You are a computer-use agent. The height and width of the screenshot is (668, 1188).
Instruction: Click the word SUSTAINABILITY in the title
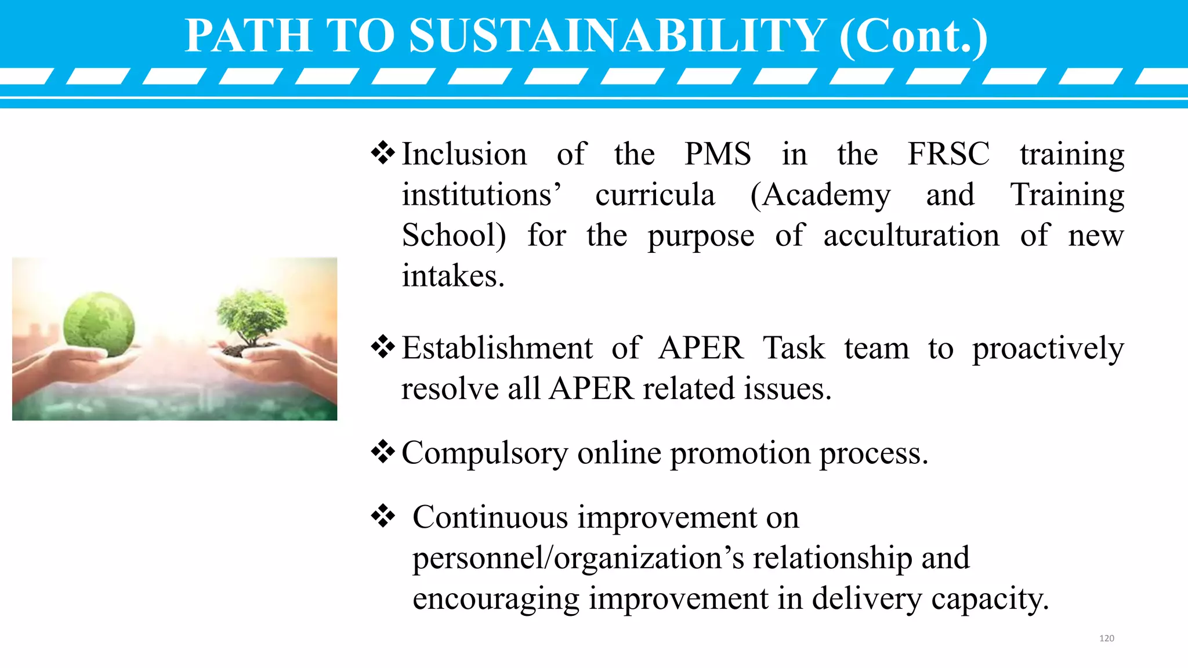(618, 36)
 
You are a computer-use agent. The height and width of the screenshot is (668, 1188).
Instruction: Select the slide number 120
(1106, 638)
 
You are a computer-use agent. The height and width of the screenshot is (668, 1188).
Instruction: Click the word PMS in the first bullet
(718, 154)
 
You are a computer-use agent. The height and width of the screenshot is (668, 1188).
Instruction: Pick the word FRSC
(948, 154)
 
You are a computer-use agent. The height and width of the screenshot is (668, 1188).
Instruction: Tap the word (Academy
(820, 195)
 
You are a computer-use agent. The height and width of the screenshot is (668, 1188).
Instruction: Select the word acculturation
(911, 235)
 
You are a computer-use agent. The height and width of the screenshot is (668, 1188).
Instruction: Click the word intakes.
(453, 276)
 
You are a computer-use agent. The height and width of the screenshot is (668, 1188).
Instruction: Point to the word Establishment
(497, 348)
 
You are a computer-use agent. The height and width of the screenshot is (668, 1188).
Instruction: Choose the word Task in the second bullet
(794, 348)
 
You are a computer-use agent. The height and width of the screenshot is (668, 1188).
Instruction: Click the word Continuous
(490, 517)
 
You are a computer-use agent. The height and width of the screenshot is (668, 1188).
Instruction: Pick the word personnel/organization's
(578, 558)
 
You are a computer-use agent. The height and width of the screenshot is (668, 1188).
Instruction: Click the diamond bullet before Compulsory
(383, 452)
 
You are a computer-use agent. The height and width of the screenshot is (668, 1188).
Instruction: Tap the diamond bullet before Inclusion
(383, 154)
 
